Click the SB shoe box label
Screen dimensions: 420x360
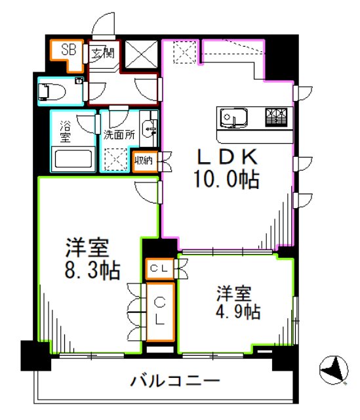[68, 49]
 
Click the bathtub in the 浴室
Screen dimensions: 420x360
[73, 159]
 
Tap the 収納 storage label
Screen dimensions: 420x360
[144, 160]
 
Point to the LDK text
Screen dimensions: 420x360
[224, 157]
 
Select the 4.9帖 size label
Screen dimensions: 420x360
[233, 313]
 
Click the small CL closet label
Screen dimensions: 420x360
[159, 268]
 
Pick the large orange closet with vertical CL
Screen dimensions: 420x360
[160, 311]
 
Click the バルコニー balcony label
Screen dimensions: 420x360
[174, 381]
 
